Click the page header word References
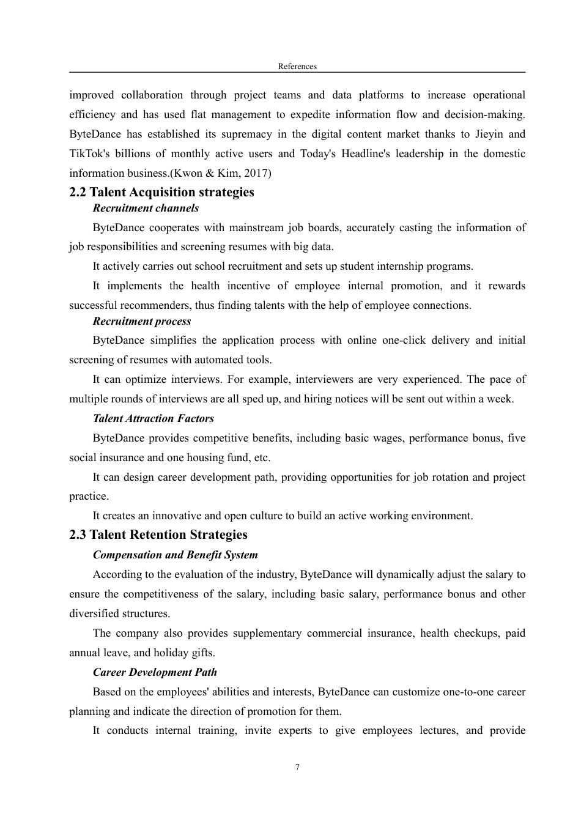[x=297, y=66]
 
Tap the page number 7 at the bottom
[x=297, y=767]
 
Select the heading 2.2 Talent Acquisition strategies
[x=161, y=192]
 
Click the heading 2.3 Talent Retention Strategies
[x=158, y=535]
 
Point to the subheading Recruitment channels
[x=146, y=208]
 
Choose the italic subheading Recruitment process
[x=142, y=321]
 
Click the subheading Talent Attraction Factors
[x=154, y=418]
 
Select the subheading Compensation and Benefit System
[x=176, y=555]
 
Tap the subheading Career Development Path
[x=155, y=672]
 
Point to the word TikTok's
[x=89, y=154]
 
